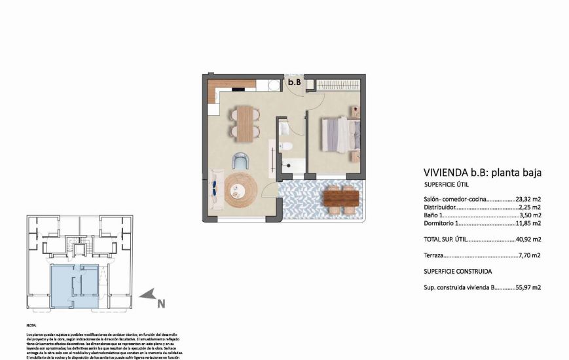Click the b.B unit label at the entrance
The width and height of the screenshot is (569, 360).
(295, 83)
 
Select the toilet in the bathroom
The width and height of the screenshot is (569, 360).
(285, 145)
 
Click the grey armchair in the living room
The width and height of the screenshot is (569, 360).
(241, 160)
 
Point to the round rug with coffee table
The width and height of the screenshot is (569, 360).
(237, 190)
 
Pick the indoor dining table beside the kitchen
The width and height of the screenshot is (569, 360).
(244, 123)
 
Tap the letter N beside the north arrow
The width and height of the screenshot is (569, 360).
(160, 304)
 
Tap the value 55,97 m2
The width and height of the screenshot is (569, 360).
(528, 287)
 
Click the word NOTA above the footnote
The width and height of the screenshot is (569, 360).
(31, 325)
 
